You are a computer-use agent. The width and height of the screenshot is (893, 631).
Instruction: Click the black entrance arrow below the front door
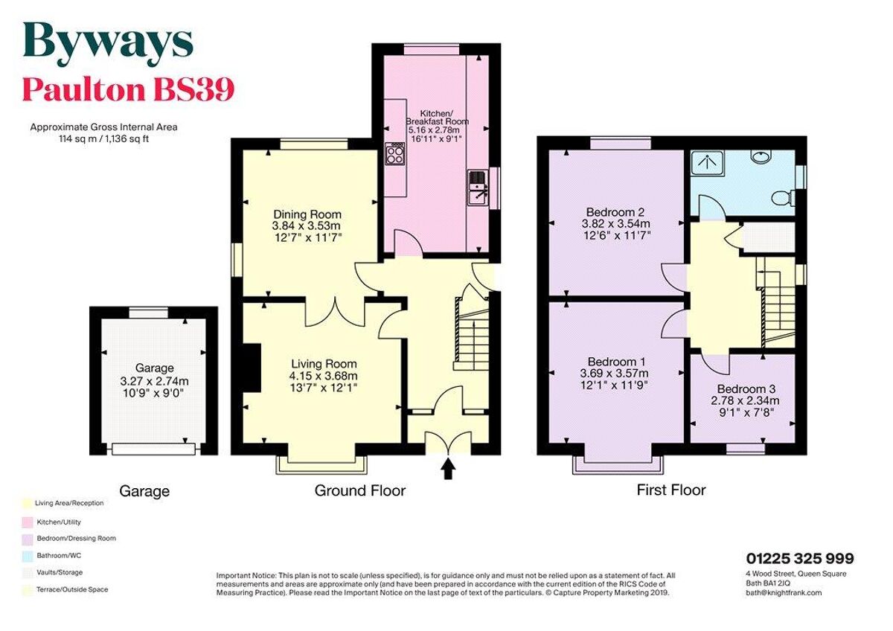(x=448, y=469)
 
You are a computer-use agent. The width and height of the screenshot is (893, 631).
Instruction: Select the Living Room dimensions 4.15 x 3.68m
(x=324, y=376)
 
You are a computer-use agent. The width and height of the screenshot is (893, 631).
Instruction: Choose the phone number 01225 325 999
(x=799, y=559)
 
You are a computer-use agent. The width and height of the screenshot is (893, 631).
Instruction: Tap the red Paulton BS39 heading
(x=128, y=89)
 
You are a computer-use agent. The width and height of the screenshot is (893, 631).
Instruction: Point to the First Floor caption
(x=670, y=490)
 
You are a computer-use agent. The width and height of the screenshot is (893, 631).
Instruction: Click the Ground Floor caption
(x=359, y=490)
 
